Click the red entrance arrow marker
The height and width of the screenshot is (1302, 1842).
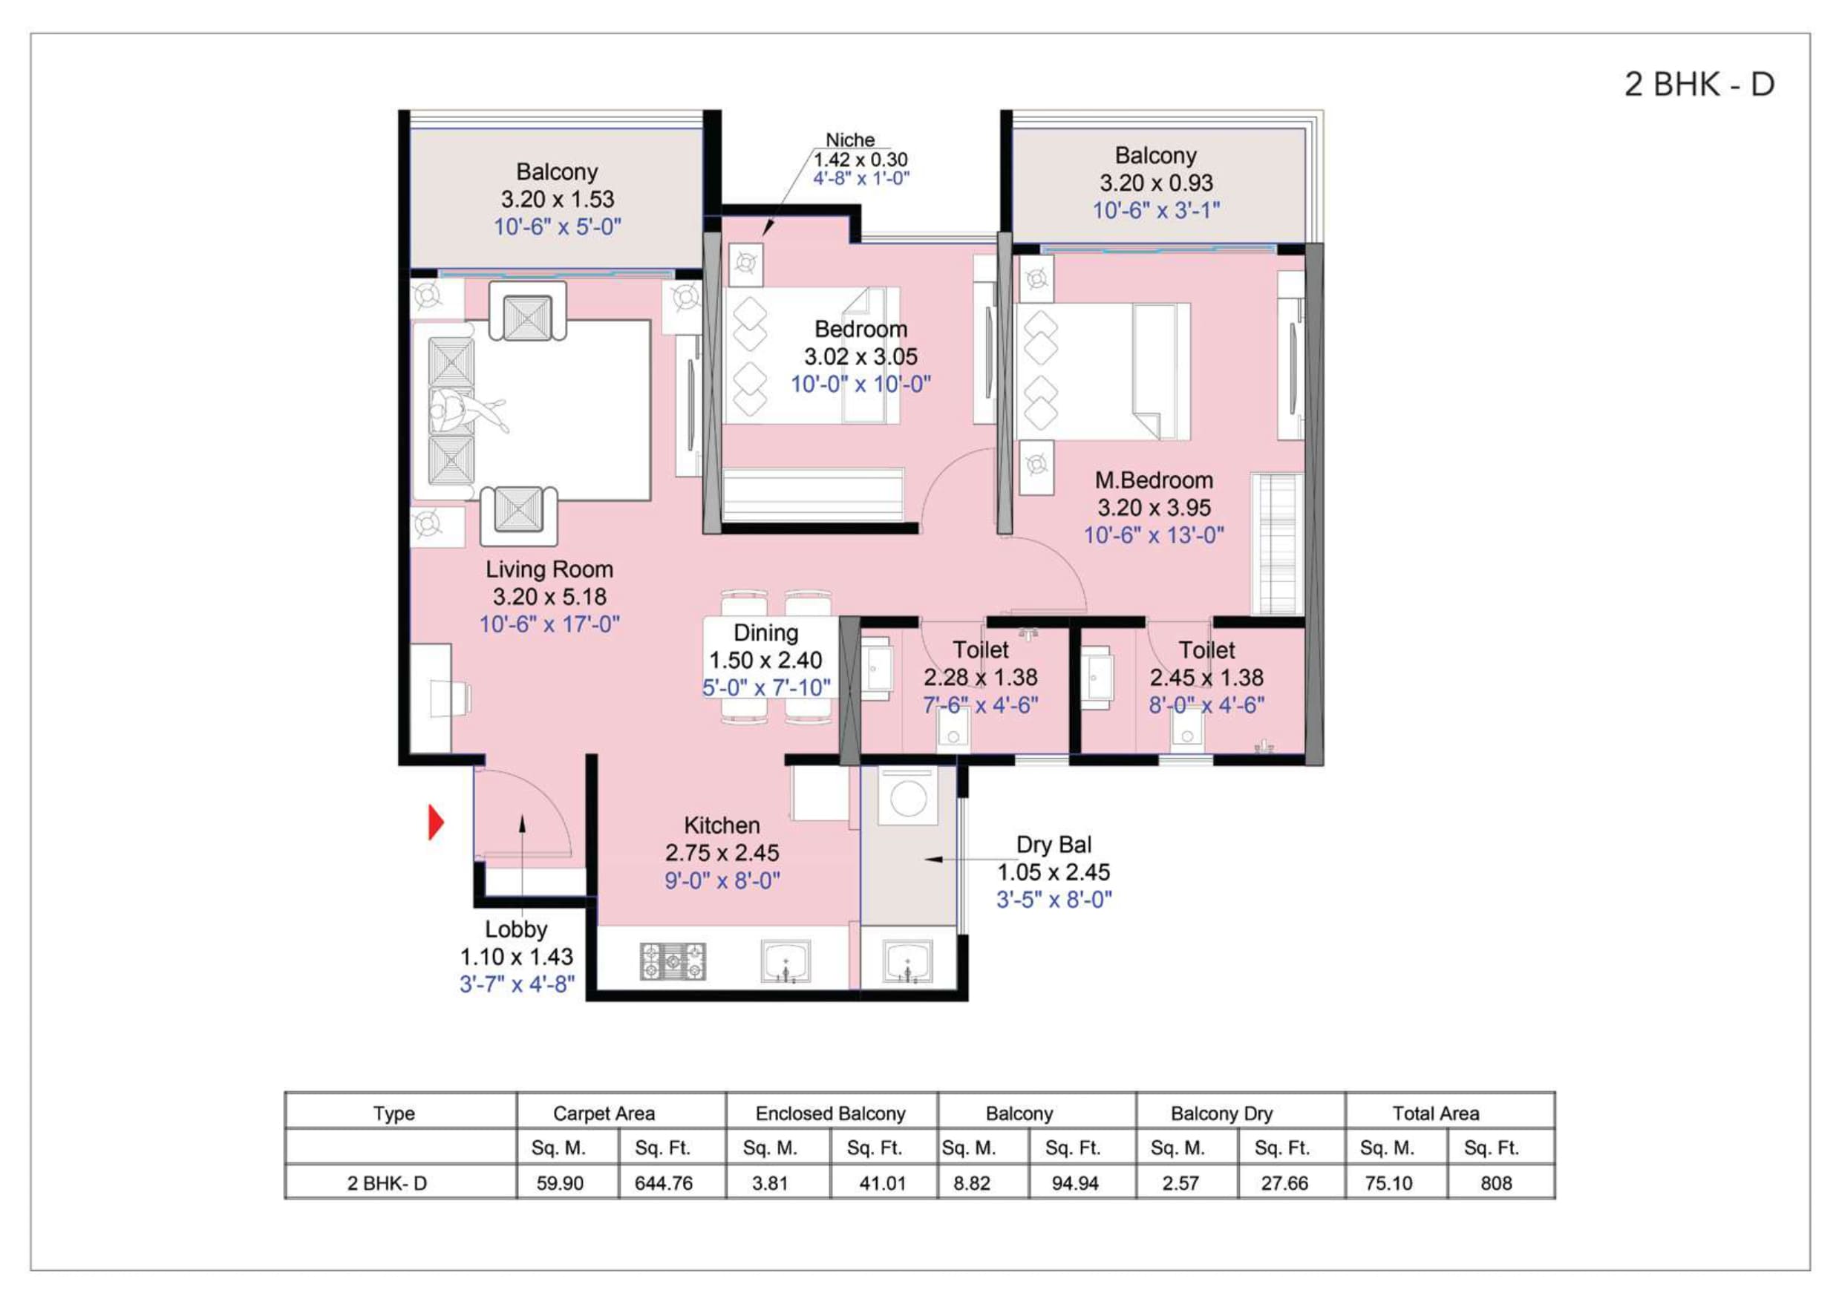(436, 822)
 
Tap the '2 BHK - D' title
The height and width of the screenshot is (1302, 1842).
(1699, 84)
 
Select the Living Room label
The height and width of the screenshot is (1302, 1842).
(549, 569)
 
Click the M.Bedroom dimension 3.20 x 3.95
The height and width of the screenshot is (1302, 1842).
(1154, 507)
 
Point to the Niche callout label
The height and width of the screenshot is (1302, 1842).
(849, 140)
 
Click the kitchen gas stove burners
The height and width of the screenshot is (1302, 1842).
(673, 961)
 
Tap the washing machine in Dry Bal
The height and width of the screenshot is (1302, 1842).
(908, 797)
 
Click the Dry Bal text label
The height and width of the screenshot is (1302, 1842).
(1054, 844)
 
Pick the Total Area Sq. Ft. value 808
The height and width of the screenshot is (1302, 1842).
(1496, 1183)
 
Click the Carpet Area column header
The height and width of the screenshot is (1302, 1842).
(604, 1113)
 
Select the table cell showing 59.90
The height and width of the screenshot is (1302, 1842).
(560, 1183)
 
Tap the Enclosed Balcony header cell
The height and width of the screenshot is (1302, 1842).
(830, 1113)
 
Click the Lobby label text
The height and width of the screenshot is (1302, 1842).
(516, 929)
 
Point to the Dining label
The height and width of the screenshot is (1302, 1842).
(765, 632)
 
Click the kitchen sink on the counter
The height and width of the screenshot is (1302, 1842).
(786, 961)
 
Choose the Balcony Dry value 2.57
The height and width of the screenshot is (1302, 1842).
(1180, 1183)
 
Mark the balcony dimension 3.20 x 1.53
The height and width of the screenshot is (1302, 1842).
(558, 199)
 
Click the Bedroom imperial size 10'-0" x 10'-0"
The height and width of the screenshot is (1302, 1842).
(860, 385)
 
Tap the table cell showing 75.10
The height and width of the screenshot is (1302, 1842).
(1388, 1183)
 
